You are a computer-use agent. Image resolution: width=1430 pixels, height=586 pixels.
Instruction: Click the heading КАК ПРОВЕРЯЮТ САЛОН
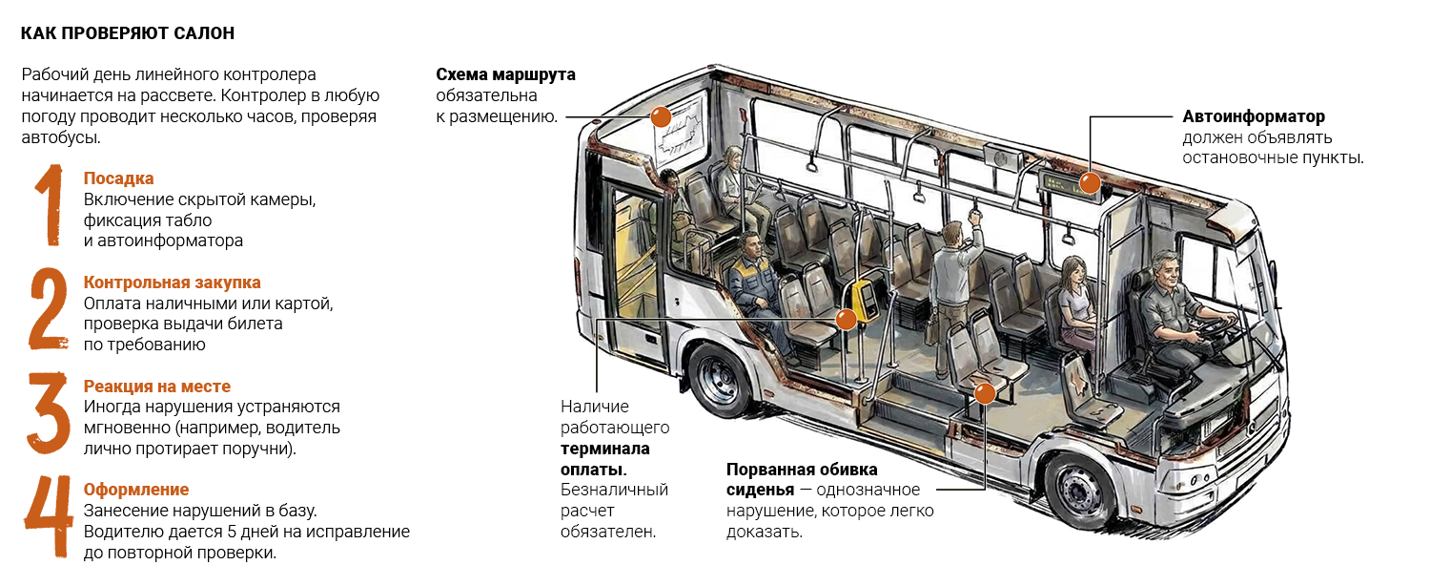click(128, 33)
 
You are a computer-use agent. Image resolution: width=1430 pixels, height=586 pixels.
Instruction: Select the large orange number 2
click(49, 308)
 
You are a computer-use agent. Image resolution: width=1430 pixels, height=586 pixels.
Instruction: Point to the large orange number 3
click(48, 413)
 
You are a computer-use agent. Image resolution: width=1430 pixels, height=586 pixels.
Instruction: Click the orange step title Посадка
click(119, 178)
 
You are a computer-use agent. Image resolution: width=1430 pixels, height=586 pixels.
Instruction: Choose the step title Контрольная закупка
click(173, 283)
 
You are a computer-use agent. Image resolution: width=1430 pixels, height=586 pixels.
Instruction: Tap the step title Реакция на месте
click(157, 387)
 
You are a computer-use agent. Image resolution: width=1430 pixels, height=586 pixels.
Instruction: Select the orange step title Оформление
click(136, 491)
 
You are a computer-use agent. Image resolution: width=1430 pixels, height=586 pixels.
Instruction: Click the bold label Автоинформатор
click(1254, 117)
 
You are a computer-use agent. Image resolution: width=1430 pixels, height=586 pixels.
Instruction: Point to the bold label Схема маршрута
click(505, 74)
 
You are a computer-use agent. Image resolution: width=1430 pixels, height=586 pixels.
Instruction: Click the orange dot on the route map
click(661, 117)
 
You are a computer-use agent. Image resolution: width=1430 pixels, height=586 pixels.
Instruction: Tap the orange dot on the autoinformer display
click(1090, 182)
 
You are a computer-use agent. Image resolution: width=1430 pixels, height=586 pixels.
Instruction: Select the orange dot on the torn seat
click(985, 393)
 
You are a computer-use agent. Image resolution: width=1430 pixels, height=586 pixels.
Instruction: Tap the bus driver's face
click(1168, 272)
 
